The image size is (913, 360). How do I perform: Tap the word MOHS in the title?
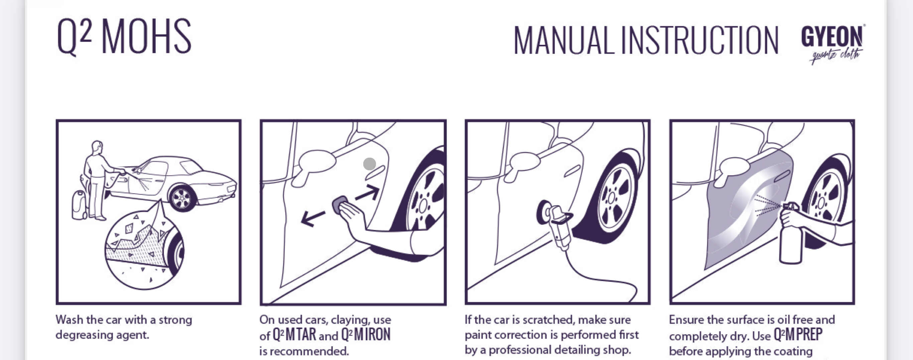point(146,37)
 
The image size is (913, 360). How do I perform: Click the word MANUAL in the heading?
point(563,40)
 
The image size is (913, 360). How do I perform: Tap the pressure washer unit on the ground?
point(79,205)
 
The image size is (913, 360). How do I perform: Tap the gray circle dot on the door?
point(369,164)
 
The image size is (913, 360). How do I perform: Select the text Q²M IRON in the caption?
point(366,335)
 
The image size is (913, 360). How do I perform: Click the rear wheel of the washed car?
point(182,198)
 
